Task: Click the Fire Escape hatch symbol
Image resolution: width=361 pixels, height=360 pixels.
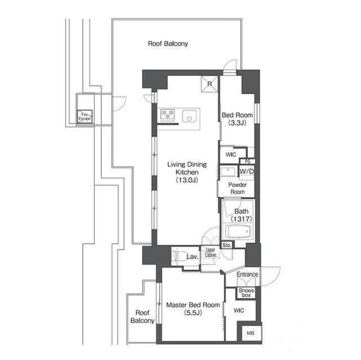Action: (85, 117)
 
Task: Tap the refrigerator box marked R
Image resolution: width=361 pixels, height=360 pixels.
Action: (209, 84)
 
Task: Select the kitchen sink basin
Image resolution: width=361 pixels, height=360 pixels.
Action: (190, 116)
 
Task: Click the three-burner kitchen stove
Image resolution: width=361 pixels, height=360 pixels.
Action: (168, 115)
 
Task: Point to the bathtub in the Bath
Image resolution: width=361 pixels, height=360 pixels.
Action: (238, 231)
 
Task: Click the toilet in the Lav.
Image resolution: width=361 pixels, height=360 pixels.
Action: (180, 256)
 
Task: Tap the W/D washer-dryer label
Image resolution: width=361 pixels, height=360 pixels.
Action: (246, 171)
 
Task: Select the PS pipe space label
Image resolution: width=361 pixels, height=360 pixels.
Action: (248, 161)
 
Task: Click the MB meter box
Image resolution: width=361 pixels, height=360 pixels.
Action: (250, 332)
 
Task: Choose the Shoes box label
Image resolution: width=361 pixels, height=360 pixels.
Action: (246, 292)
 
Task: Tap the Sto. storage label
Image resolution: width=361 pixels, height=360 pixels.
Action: (227, 245)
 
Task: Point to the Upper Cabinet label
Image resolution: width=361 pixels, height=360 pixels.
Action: (210, 252)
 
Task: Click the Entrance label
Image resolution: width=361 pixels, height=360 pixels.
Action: (247, 274)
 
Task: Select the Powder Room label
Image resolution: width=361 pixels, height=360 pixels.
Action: (237, 188)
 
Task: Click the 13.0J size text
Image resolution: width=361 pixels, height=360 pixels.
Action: (187, 180)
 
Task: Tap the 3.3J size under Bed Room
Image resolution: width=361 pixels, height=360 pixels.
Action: (237, 123)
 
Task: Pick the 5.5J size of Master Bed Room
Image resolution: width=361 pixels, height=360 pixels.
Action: (193, 313)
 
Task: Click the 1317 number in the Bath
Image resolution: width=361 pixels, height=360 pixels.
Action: (241, 219)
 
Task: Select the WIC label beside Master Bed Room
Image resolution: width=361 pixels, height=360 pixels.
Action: (239, 310)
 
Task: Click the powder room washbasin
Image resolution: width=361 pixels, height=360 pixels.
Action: (228, 171)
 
